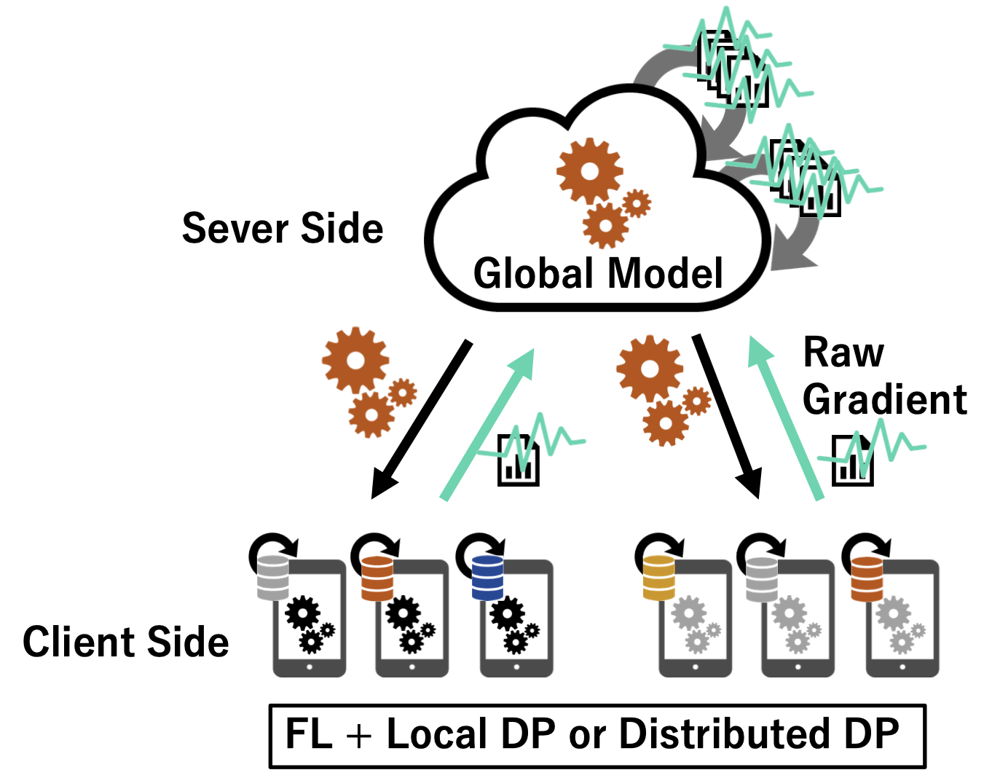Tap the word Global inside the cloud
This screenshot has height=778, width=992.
click(x=534, y=274)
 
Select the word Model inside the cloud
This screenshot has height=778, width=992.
click(x=665, y=274)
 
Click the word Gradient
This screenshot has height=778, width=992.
click(x=885, y=400)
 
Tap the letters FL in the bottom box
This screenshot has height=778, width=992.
click(x=309, y=734)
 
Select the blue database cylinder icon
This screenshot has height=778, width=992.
click(x=487, y=578)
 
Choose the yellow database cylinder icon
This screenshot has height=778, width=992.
click(x=659, y=578)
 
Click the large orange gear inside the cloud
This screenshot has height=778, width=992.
click(x=589, y=171)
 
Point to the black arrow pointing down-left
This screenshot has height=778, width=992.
click(x=420, y=421)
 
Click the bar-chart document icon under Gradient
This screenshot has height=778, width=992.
click(x=852, y=461)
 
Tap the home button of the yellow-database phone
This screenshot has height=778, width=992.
click(x=695, y=667)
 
